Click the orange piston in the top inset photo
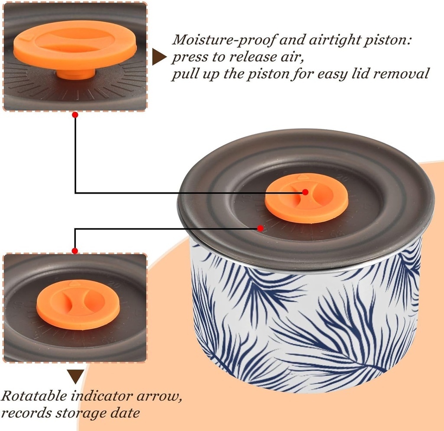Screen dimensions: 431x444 (75, 43)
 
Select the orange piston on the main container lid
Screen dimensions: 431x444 (306, 198)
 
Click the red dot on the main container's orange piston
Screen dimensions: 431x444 (305, 192)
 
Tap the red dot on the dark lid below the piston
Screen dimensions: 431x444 (260, 228)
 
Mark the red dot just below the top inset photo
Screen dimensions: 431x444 (75, 115)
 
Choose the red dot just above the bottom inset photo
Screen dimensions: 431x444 (75, 251)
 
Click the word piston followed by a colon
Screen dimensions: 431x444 (391, 40)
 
